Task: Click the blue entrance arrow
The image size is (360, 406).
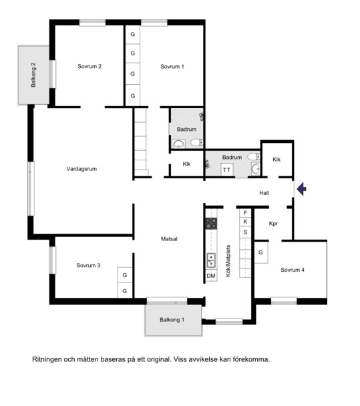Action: [301, 189]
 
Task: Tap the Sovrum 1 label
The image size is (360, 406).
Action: [172, 67]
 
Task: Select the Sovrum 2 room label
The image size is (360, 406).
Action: [89, 66]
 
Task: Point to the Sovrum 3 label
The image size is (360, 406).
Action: [88, 265]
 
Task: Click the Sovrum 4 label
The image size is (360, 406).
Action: [293, 270]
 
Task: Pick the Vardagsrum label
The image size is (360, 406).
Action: [81, 169]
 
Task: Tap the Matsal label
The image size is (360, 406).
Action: [169, 239]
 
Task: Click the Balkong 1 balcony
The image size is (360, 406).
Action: [174, 321]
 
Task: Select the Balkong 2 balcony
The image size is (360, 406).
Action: [33, 75]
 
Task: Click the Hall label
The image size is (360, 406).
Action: [264, 193]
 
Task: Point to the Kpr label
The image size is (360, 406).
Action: [273, 224]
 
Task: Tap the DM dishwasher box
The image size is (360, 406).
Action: [211, 276]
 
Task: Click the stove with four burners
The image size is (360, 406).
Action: [211, 224]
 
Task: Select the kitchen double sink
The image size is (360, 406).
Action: [211, 260]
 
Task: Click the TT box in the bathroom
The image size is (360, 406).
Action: [226, 170]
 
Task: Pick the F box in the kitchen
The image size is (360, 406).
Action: [245, 213]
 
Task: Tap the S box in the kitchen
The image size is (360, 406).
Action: [245, 232]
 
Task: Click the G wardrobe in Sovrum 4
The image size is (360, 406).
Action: [260, 252]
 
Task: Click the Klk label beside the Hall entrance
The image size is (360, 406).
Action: [277, 160]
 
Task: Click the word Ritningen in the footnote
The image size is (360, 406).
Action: [47, 360]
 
